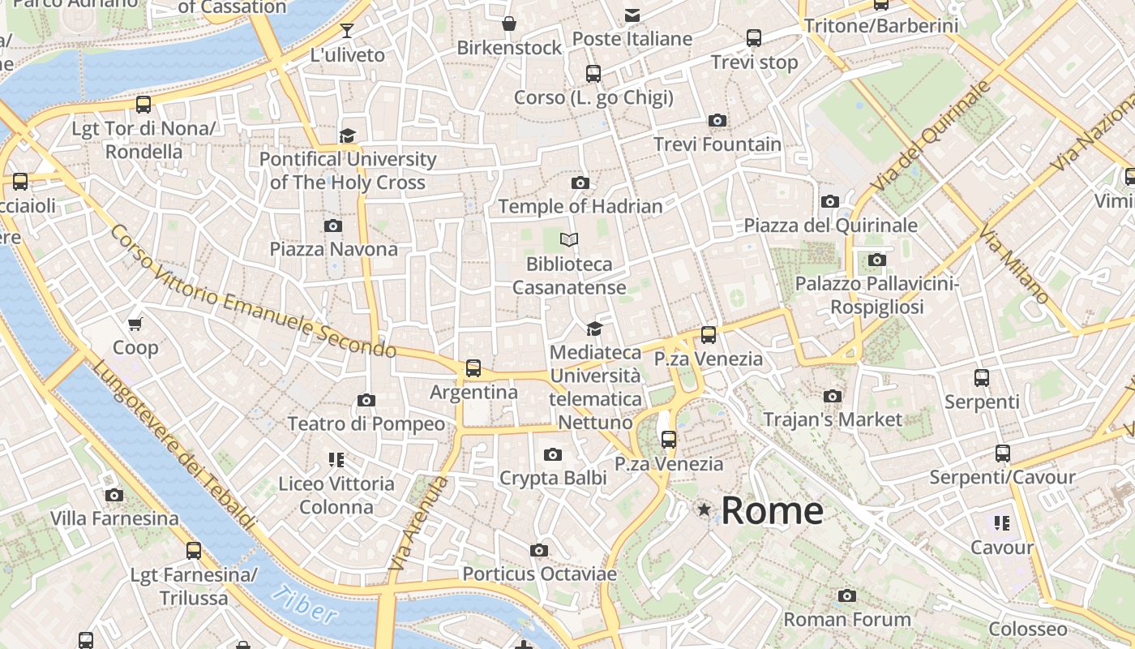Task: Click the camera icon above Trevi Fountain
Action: (717, 121)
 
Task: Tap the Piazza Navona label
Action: (334, 249)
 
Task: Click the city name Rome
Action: (772, 511)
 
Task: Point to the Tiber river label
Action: (303, 604)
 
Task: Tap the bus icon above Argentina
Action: (473, 368)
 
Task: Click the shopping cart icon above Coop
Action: (135, 324)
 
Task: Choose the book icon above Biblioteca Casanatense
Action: (570, 239)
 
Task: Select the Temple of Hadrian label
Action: (580, 206)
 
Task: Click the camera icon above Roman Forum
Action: (847, 596)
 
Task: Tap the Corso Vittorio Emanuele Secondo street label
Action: (252, 291)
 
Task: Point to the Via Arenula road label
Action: (418, 523)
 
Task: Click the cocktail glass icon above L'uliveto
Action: (347, 31)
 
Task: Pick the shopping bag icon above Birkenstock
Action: (509, 24)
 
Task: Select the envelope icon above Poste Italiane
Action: (632, 15)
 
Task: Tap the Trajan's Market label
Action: (833, 419)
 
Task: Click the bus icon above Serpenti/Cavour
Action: (1003, 453)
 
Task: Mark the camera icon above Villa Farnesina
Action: (114, 495)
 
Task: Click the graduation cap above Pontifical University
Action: (348, 135)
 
